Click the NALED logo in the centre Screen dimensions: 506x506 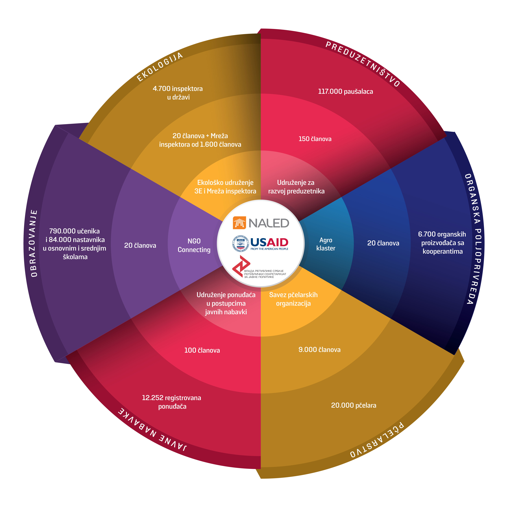[x=261, y=223]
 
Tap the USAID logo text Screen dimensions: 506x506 [x=269, y=243]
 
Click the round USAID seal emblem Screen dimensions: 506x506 [x=240, y=243]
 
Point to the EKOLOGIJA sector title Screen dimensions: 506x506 [x=160, y=67]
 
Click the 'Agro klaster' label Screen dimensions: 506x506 [x=326, y=244]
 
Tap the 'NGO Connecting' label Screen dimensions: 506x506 [x=194, y=245]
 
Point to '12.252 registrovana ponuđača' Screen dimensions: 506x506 [x=172, y=402]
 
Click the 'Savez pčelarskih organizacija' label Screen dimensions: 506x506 [x=293, y=299]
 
